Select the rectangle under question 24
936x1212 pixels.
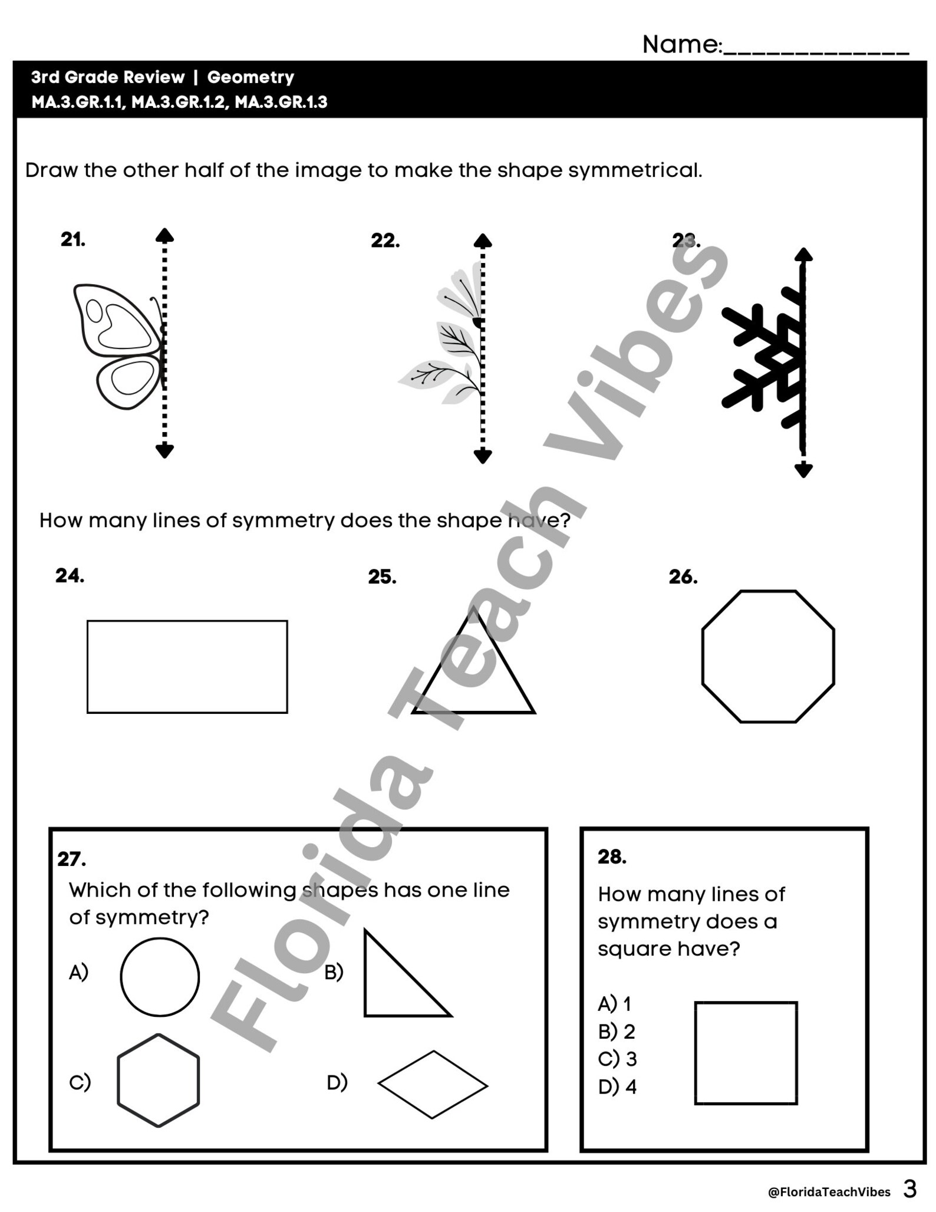pyautogui.click(x=187, y=667)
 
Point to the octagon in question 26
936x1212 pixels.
pyautogui.click(x=768, y=656)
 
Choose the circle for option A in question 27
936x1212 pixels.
pyautogui.click(x=160, y=977)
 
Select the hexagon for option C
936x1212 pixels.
pyautogui.click(x=159, y=1080)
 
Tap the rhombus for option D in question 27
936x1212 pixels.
pyautogui.click(x=433, y=1085)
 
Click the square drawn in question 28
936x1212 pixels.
pyautogui.click(x=746, y=1053)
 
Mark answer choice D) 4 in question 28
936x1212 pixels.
pyautogui.click(x=617, y=1086)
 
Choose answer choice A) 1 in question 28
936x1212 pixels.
pyautogui.click(x=615, y=1003)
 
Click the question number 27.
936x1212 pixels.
pyautogui.click(x=71, y=859)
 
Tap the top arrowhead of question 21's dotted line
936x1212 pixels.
pyautogui.click(x=164, y=235)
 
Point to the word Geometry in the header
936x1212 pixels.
pyautogui.click(x=251, y=77)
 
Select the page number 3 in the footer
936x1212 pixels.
pyautogui.click(x=910, y=1189)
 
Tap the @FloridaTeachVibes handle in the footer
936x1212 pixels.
pyautogui.click(x=829, y=1192)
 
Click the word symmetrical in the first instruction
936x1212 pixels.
pyautogui.click(x=635, y=170)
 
